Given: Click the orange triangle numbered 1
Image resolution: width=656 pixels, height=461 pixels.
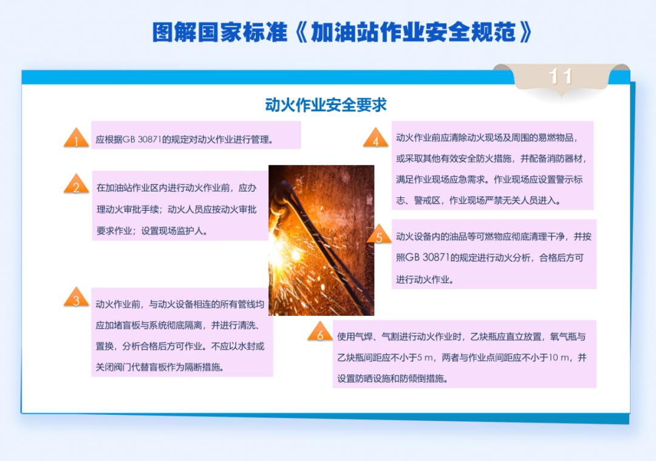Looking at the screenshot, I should click(x=77, y=139).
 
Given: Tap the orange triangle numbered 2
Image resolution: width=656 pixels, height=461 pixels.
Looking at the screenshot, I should click(x=77, y=185).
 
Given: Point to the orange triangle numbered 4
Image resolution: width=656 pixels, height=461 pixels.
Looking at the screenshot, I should click(x=376, y=139).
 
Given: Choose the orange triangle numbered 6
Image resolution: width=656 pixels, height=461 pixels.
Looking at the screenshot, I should click(x=319, y=333).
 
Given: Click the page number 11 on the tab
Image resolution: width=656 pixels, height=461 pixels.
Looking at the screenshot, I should click(x=561, y=77).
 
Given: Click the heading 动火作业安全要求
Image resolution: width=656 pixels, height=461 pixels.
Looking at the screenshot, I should click(x=326, y=104).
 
